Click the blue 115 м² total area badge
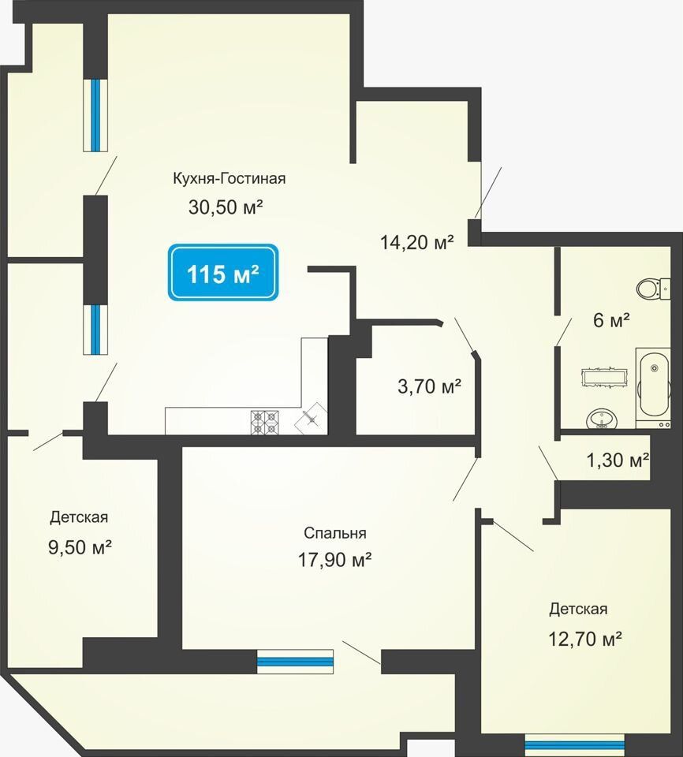(x=223, y=272)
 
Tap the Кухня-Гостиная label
(x=230, y=178)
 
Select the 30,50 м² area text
(x=226, y=207)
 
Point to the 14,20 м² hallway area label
(x=417, y=241)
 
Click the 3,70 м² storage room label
(x=429, y=386)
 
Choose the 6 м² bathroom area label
(x=611, y=320)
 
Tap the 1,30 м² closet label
(x=618, y=460)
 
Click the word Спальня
(x=335, y=533)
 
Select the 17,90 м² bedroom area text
(x=334, y=560)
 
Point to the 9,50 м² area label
(x=80, y=547)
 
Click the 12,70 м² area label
(x=584, y=639)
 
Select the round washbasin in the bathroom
(x=602, y=419)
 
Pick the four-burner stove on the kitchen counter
(x=265, y=422)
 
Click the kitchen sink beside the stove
(x=311, y=418)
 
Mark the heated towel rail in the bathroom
(x=605, y=377)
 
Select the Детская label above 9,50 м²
(x=79, y=517)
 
